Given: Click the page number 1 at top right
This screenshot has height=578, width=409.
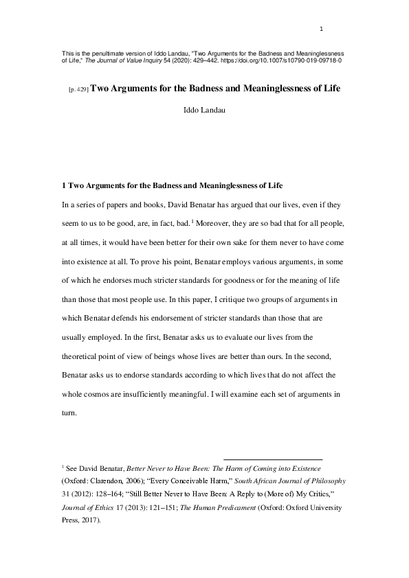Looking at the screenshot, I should pyautogui.click(x=322, y=29).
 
